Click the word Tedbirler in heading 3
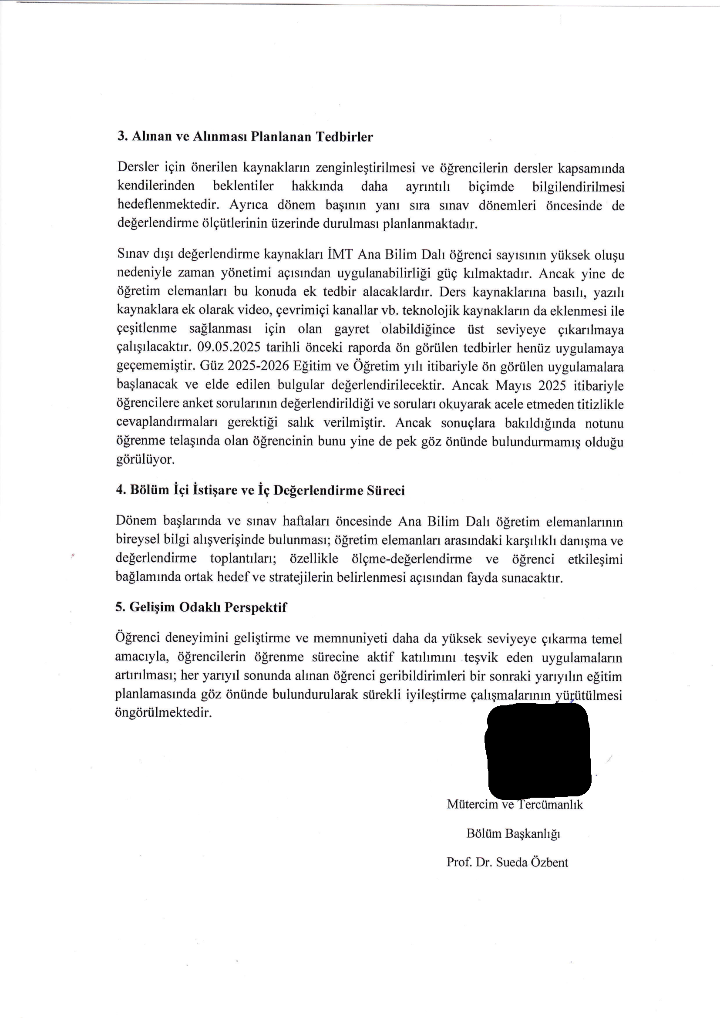point(344,137)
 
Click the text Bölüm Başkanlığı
point(513,833)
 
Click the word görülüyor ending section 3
point(145,460)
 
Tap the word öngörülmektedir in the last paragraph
point(164,713)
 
